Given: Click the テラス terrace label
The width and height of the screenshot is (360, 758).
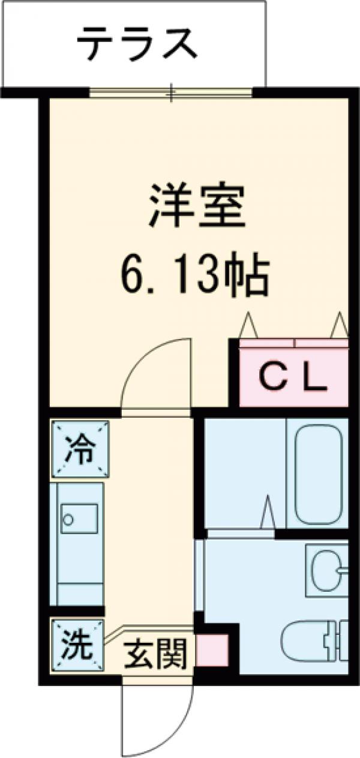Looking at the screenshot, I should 137,43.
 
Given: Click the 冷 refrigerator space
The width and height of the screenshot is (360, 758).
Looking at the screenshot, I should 80,450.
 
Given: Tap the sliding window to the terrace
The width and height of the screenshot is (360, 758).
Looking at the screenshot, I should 171,92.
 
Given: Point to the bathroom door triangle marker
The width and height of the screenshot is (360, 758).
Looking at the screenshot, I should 268,513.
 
